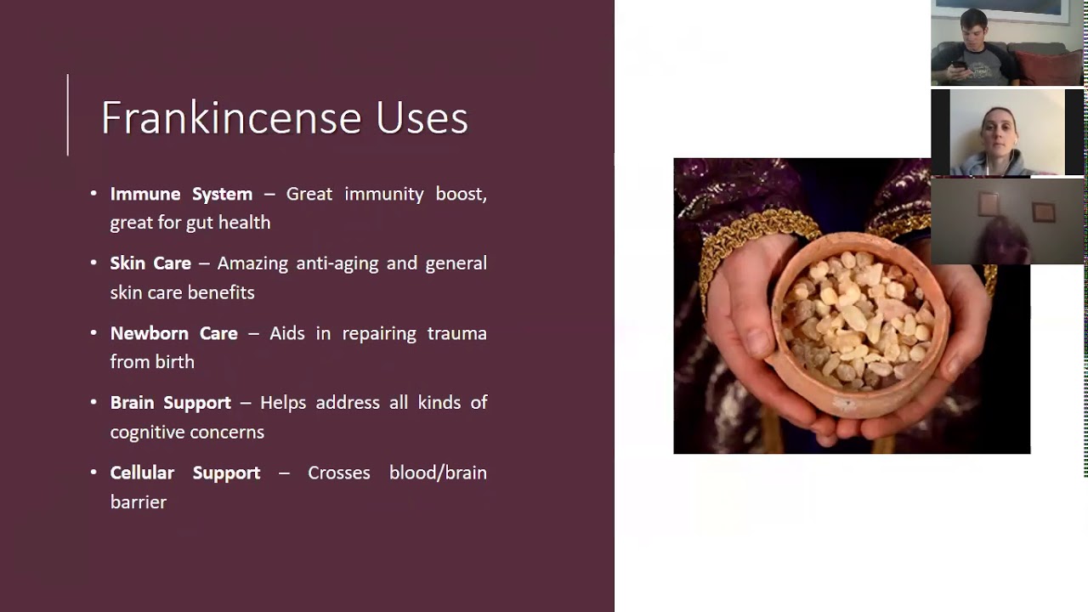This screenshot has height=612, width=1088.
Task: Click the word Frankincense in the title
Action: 231,117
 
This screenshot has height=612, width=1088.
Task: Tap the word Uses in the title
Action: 422,117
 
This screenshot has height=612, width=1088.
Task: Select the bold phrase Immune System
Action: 181,194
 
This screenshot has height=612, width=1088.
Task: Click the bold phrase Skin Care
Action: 150,263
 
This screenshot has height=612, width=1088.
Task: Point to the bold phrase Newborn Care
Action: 173,333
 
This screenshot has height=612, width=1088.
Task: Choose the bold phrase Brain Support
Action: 170,403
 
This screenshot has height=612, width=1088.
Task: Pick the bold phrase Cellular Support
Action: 184,473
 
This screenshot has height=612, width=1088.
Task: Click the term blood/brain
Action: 438,473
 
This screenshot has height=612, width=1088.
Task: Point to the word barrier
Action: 138,502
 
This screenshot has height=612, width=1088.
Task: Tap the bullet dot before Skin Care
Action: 93,263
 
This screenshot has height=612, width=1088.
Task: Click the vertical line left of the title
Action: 68,115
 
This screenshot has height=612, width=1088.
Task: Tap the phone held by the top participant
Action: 958,65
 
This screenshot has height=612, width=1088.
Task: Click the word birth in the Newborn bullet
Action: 175,362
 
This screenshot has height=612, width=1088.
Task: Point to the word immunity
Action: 384,194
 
